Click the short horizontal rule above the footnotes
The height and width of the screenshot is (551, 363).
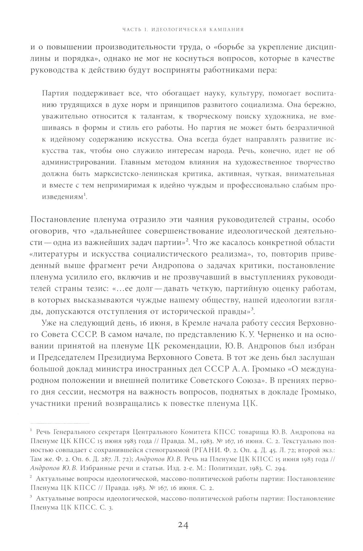[60, 423]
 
